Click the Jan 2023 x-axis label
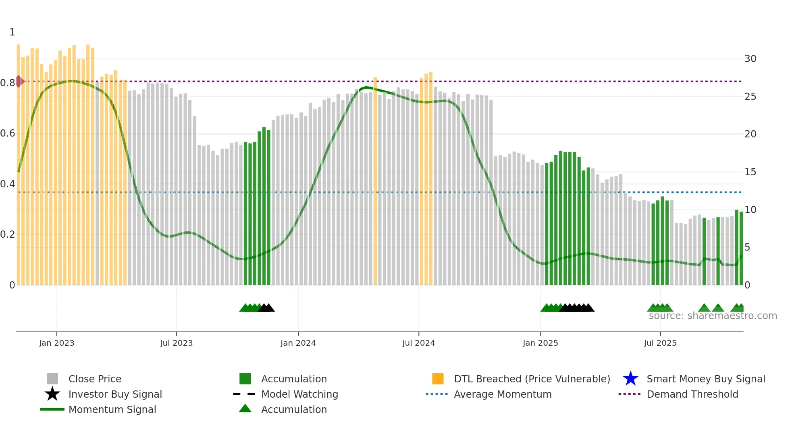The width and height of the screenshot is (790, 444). (56, 343)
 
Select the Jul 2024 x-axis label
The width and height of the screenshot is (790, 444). (418, 343)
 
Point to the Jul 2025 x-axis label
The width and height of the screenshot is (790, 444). (660, 343)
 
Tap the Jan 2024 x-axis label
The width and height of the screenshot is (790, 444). (298, 343)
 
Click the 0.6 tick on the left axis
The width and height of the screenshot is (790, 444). (8, 133)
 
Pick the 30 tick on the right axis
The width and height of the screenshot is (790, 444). (750, 59)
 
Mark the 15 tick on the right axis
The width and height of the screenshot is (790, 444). (750, 172)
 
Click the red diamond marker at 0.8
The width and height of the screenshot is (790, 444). (19, 81)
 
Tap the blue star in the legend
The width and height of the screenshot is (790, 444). (630, 379)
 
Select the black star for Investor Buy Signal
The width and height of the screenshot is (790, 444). (52, 394)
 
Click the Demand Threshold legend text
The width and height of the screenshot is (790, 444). (692, 394)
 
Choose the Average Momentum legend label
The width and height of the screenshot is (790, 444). (502, 394)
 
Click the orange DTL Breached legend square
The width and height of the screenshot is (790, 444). (438, 379)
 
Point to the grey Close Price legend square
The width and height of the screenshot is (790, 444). (52, 379)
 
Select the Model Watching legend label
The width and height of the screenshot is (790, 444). (299, 394)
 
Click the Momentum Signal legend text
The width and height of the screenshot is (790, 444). (112, 409)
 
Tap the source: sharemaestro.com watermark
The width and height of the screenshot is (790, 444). (713, 316)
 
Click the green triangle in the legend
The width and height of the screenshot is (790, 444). (245, 409)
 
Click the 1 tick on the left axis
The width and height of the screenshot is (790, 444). (12, 32)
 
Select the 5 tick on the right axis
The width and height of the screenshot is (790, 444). (747, 247)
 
